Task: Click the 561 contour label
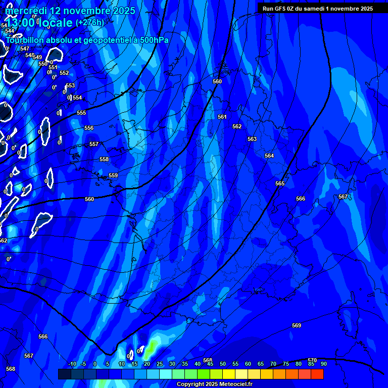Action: point(222,117)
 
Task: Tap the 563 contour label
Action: point(252,139)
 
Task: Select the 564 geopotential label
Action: point(269,156)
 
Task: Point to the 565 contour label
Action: point(280,183)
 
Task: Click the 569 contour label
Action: point(297,325)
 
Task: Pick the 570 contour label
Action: point(312,360)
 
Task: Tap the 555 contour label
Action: point(81,113)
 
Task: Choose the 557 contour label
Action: point(94,144)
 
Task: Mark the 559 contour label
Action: point(113,175)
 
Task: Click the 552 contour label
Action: point(64,73)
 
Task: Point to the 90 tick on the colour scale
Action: point(323,364)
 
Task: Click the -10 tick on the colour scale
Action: point(72,364)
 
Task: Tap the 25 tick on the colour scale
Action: point(160,364)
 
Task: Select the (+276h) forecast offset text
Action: point(90,23)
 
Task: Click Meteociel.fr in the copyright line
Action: point(239,384)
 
